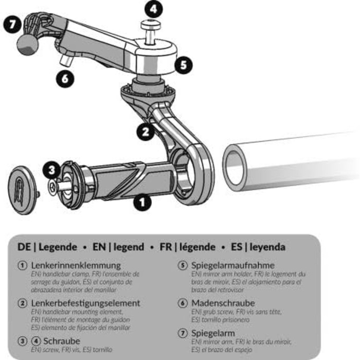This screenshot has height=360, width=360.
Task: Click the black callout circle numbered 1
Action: (x=142, y=202)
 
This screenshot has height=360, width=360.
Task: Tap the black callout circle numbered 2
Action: (x=146, y=132)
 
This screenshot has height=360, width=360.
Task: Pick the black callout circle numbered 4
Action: (x=154, y=9)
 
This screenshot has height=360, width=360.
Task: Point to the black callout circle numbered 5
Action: (x=183, y=65)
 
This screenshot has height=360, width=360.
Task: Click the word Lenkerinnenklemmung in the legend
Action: (x=76, y=265)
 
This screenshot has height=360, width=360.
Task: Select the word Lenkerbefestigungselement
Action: (x=85, y=303)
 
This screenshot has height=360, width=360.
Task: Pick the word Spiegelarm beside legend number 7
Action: (x=209, y=333)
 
